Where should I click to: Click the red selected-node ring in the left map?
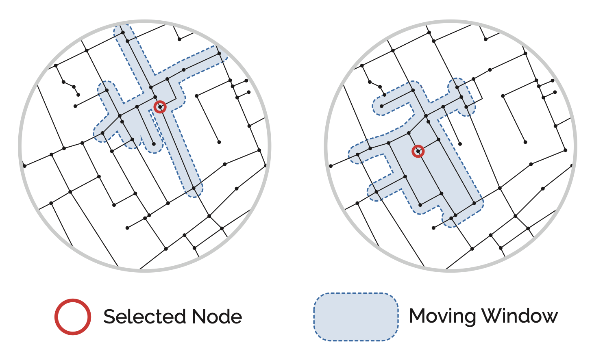(x=160, y=107)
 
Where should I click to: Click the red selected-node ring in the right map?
(x=418, y=152)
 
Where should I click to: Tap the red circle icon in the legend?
(x=73, y=317)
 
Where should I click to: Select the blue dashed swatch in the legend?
(x=356, y=317)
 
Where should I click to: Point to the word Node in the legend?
(x=217, y=317)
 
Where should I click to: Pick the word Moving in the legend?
(x=442, y=316)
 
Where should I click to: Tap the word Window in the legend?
(x=520, y=316)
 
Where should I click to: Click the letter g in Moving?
(x=470, y=318)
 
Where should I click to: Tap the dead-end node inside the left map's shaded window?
(x=153, y=144)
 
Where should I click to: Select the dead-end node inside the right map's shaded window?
(x=381, y=106)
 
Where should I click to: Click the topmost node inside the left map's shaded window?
(x=127, y=41)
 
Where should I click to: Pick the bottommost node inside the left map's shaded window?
(x=194, y=188)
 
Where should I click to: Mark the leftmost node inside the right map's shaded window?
(x=357, y=154)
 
